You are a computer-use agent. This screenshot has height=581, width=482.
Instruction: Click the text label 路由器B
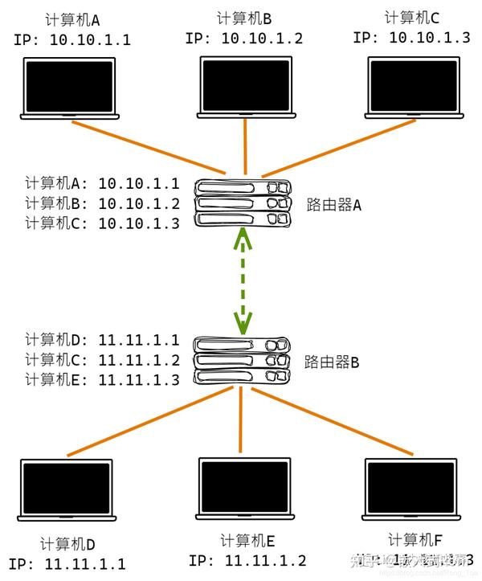pos(332,362)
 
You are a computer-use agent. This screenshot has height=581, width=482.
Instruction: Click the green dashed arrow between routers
pos(242,281)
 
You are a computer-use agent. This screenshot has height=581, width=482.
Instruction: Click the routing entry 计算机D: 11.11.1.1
pos(103,340)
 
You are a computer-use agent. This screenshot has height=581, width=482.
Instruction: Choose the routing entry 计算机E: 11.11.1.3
pos(103,380)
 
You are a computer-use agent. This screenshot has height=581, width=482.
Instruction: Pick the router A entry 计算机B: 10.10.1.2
pos(103,203)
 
